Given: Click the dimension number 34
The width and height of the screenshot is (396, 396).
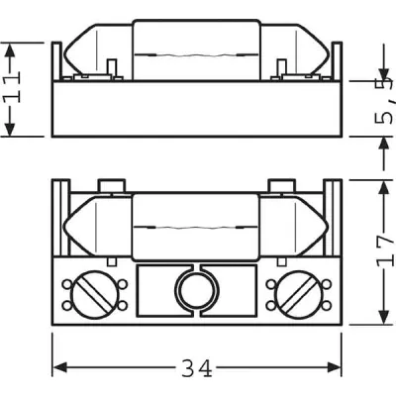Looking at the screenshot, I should [x=197, y=370].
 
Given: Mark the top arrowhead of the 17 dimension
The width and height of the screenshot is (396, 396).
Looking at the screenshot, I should [x=382, y=186].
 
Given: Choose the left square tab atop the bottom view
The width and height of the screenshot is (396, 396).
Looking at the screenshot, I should [x=113, y=184].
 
